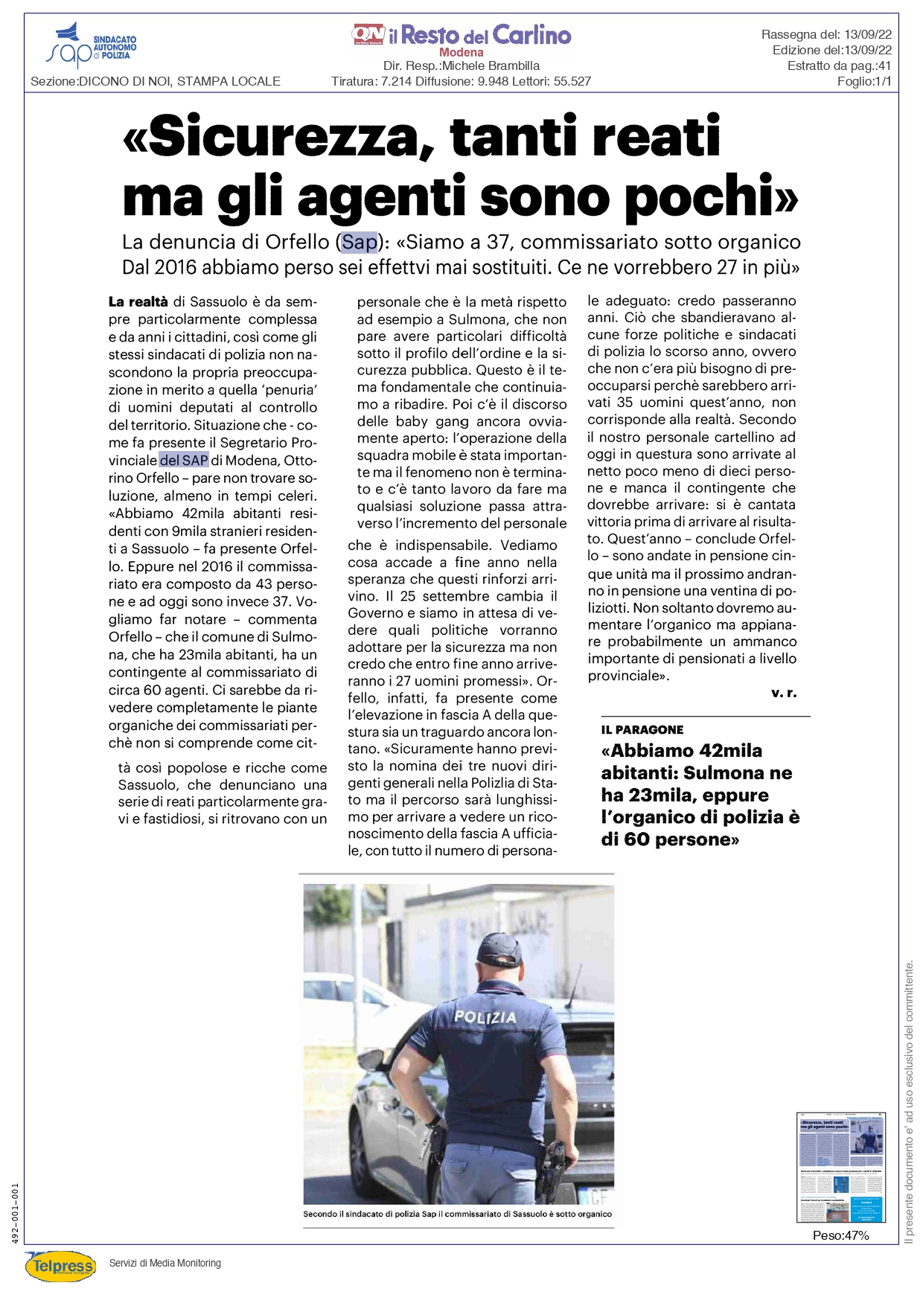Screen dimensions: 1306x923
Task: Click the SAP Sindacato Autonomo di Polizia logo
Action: click(91, 45)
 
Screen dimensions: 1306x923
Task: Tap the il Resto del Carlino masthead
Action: click(461, 35)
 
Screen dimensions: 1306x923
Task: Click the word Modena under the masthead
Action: click(461, 53)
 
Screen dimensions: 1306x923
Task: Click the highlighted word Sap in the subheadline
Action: click(360, 243)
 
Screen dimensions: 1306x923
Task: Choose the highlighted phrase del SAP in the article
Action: click(184, 461)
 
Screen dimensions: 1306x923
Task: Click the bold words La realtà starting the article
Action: click(138, 302)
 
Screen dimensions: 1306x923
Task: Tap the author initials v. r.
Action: click(783, 693)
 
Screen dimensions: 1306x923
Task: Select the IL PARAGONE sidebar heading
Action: click(642, 730)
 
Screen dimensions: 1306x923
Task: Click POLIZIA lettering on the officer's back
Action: click(485, 1017)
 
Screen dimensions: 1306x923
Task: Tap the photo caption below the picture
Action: click(457, 1214)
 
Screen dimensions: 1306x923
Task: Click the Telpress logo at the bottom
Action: click(61, 1265)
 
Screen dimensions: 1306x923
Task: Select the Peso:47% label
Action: click(840, 1235)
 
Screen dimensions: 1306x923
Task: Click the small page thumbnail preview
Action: click(841, 1168)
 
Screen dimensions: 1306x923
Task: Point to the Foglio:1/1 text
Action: click(863, 82)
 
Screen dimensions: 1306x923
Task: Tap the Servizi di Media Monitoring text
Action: click(165, 1263)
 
